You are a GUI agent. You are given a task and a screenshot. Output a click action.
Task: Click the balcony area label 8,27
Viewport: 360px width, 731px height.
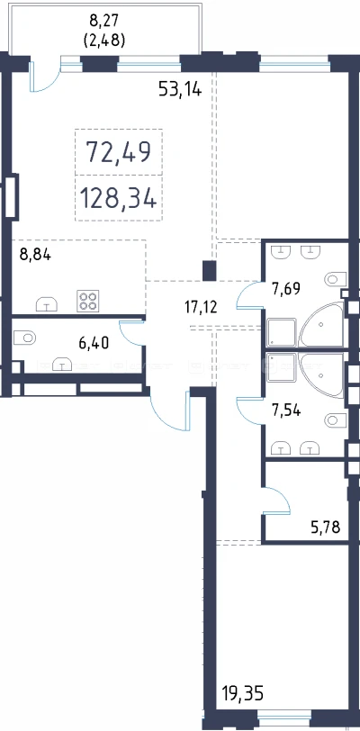tap(103, 21)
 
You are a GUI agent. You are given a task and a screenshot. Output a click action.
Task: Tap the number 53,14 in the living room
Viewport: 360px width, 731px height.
tap(180, 88)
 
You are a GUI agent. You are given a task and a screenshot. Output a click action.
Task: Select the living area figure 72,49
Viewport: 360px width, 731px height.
tap(119, 151)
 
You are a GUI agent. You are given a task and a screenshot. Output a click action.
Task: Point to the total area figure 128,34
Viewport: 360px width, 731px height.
tap(119, 198)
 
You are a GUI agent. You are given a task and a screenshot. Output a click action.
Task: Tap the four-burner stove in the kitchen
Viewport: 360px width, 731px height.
tap(87, 301)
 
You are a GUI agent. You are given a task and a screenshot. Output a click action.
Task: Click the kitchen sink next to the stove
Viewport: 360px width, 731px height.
tap(47, 304)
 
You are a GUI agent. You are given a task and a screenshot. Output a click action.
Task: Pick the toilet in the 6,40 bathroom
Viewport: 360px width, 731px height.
tap(24, 337)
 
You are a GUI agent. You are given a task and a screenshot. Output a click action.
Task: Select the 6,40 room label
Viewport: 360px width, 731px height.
tap(94, 343)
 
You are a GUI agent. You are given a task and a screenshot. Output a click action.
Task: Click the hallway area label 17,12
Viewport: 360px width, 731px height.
tap(201, 307)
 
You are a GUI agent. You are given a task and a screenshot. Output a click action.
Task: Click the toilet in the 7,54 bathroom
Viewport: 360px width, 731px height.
tap(335, 420)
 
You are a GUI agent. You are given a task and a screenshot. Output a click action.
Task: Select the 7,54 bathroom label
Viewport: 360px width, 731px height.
tap(286, 411)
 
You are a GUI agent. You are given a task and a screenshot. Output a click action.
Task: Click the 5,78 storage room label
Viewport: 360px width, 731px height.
tap(326, 528)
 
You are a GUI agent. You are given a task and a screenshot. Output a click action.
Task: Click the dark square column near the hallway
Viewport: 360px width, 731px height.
tap(210, 271)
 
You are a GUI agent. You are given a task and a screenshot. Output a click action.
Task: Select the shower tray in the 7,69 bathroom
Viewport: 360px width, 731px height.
tap(282, 332)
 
